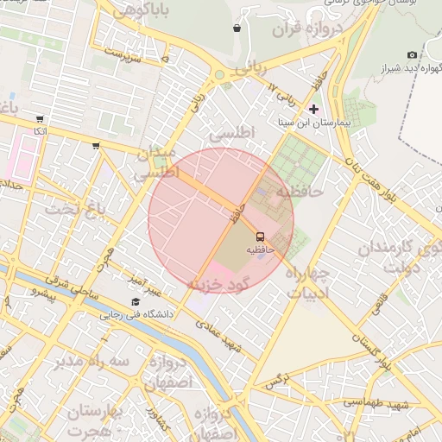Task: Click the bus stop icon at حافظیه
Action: point(260,236)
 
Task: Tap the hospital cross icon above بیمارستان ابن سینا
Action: point(313,109)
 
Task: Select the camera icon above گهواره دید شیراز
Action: point(412,54)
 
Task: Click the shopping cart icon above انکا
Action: point(40,119)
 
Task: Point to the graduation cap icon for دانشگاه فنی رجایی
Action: point(136,301)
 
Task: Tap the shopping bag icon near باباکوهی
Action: point(237,28)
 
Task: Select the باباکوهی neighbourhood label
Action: point(140,10)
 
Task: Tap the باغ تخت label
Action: point(74,209)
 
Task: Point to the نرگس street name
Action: point(275,382)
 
